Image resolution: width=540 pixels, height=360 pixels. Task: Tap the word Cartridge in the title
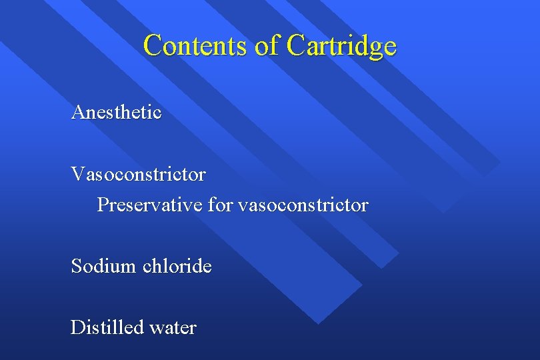[x=342, y=46]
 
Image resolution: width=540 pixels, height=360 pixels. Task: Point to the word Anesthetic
[x=116, y=112]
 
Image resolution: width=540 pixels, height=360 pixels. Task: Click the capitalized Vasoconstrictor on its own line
[x=139, y=175]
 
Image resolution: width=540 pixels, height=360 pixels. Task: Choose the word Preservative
[x=149, y=205]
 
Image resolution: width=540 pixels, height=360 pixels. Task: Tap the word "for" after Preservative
[x=220, y=205]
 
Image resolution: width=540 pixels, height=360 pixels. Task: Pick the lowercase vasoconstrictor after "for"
[x=303, y=205]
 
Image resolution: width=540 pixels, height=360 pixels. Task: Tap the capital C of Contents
[x=153, y=46]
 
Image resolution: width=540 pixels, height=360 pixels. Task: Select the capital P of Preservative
[x=103, y=205]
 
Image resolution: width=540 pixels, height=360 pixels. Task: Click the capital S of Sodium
[x=76, y=267]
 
